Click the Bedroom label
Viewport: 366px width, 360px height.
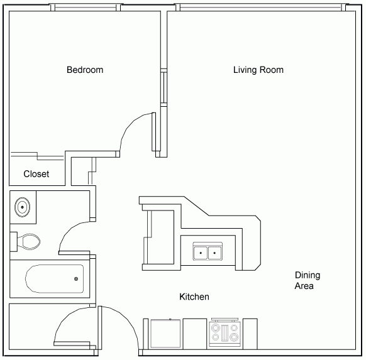click(85, 70)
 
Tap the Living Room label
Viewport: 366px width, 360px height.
click(258, 70)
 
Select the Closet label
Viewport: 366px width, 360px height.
click(36, 174)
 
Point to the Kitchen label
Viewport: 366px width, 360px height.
click(194, 297)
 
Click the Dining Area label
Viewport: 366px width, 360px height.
click(307, 280)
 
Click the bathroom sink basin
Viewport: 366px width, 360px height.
click(22, 207)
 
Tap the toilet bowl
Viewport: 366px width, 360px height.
click(29, 241)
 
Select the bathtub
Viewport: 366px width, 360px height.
click(54, 278)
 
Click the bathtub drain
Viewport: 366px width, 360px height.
click(76, 278)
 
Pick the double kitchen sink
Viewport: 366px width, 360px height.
click(208, 251)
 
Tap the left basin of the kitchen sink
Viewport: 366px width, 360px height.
click(201, 253)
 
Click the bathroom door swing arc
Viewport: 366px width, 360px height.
click(70, 231)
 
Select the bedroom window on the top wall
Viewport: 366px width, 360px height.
click(86, 8)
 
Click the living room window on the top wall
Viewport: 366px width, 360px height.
click(260, 8)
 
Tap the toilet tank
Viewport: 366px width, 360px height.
click(14, 241)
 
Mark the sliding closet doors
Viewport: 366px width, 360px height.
click(37, 156)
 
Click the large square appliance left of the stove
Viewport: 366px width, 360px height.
click(165, 334)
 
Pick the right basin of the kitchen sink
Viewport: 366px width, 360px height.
click(214, 253)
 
